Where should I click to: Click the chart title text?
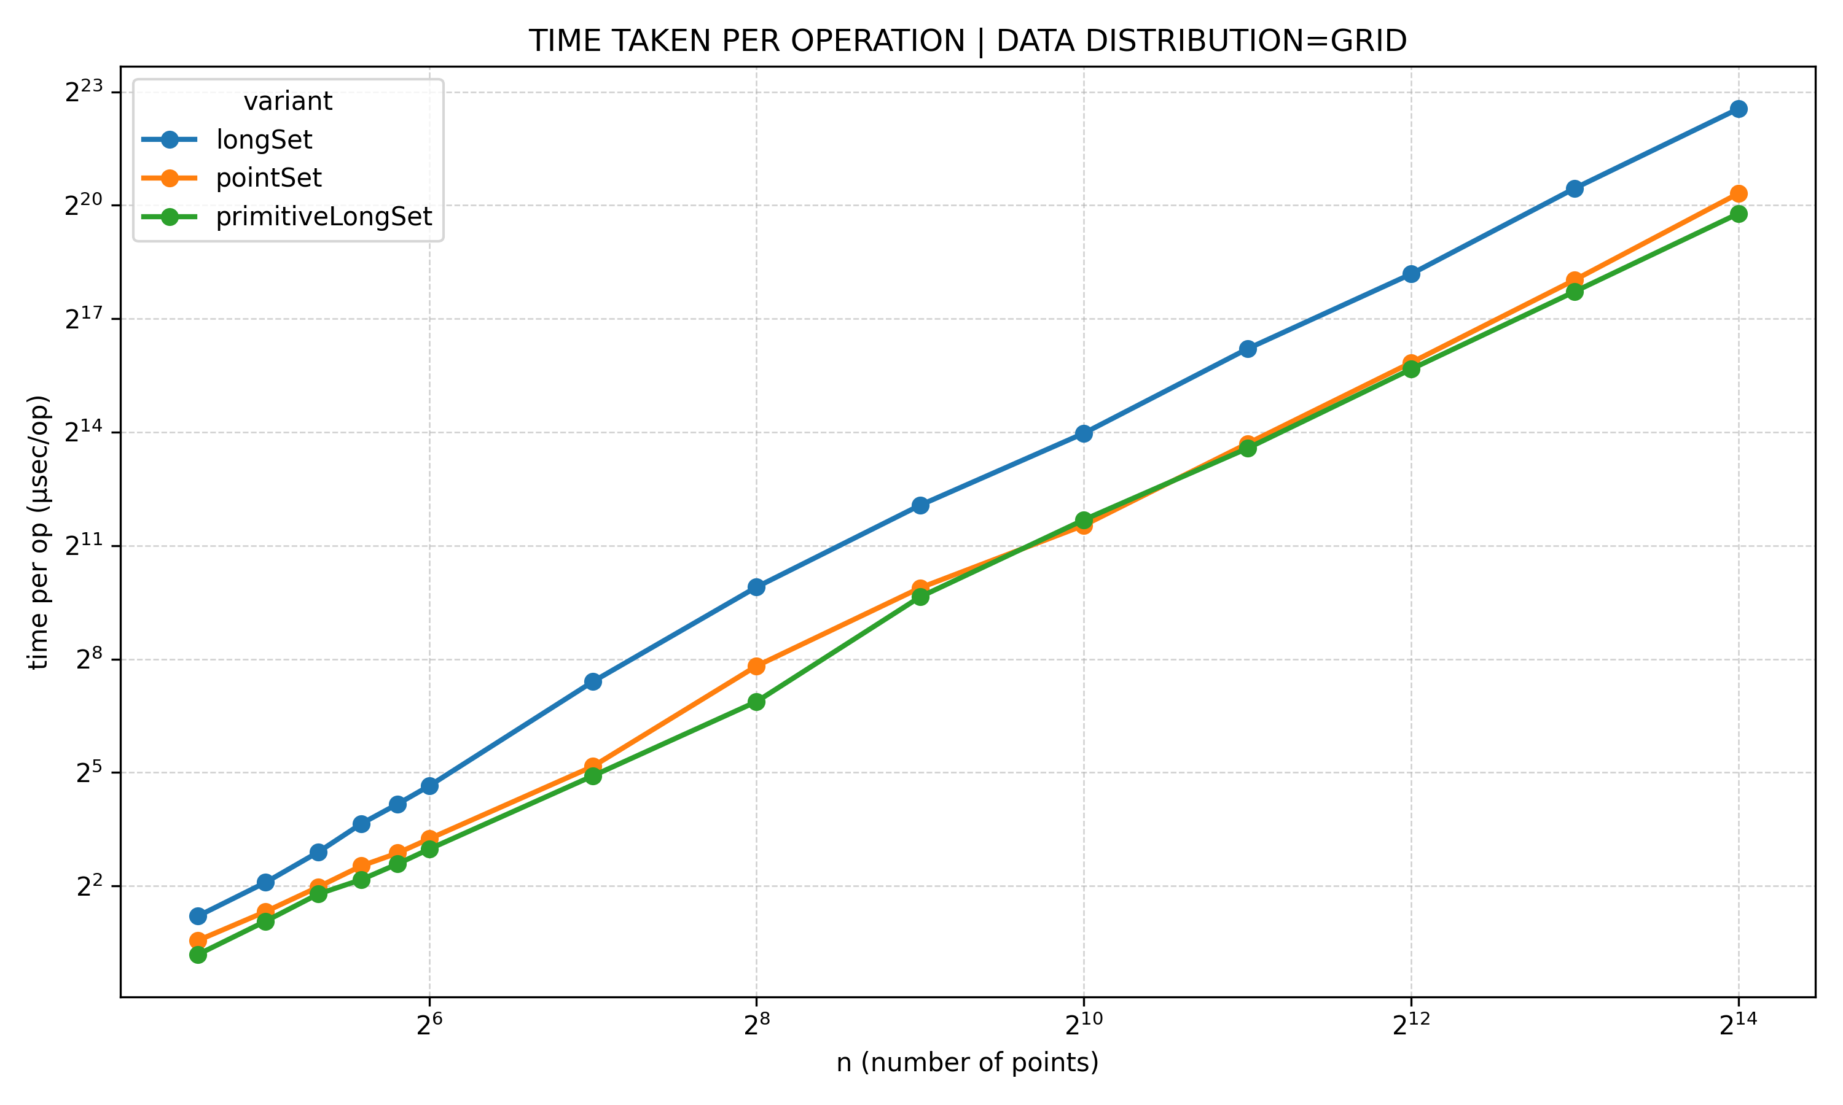[967, 41]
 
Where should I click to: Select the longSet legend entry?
[264, 139]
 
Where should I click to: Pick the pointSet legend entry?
[268, 178]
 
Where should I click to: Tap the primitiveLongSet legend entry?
[323, 217]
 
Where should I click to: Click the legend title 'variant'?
[288, 101]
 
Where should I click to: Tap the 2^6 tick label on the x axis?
[429, 1025]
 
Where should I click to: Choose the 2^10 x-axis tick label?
[1083, 1025]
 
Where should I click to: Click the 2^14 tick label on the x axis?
[1738, 1025]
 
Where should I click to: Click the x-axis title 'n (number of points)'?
[967, 1063]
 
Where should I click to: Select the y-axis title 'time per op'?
[39, 532]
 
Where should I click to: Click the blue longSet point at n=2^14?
[1738, 109]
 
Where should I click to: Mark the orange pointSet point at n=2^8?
[756, 665]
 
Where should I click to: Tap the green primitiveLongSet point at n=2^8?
[756, 702]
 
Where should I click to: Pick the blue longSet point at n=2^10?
[1083, 433]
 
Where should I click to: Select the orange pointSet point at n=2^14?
[1738, 193]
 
